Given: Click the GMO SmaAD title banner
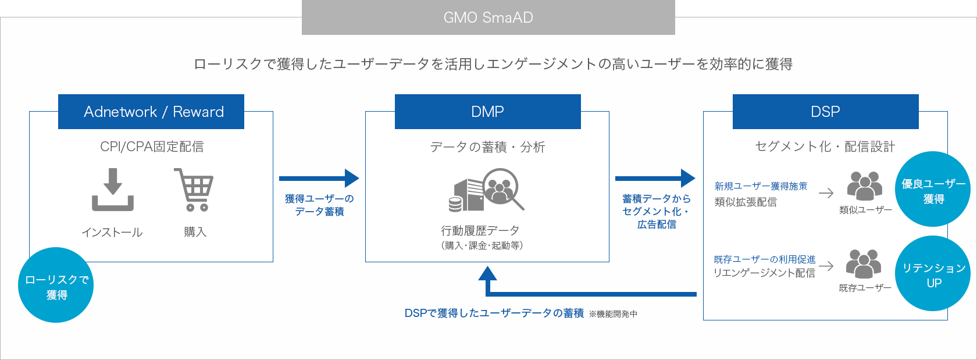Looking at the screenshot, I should pos(489,17).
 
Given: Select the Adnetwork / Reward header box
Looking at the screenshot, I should pos(151,112).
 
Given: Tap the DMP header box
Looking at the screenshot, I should pos(487,112).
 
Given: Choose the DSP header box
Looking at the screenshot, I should pos(825,112).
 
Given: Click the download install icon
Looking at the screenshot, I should pos(113,190).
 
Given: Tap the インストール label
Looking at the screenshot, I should pos(112,233).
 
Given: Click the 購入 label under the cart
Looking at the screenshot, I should pos(195,232).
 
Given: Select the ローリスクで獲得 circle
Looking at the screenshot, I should pos(56,285).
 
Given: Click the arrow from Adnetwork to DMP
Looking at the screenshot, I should pos(319,179).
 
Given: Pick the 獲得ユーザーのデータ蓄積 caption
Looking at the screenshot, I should pos(319,205).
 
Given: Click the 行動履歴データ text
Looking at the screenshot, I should pos(480,231).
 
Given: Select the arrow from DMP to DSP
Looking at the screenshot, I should pos(655,179).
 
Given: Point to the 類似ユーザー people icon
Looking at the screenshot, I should pos(865,186).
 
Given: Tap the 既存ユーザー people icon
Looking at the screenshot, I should pos(864,264).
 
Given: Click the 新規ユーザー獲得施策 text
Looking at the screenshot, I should pos(761,186).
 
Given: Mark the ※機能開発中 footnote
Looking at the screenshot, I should pos(613,314).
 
